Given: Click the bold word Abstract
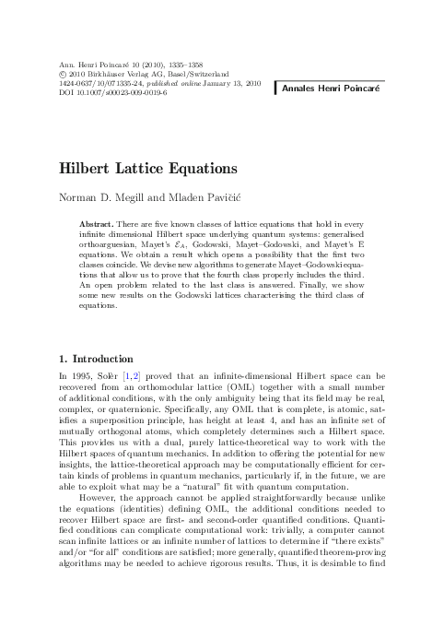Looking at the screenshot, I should pyautogui.click(x=96, y=224).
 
